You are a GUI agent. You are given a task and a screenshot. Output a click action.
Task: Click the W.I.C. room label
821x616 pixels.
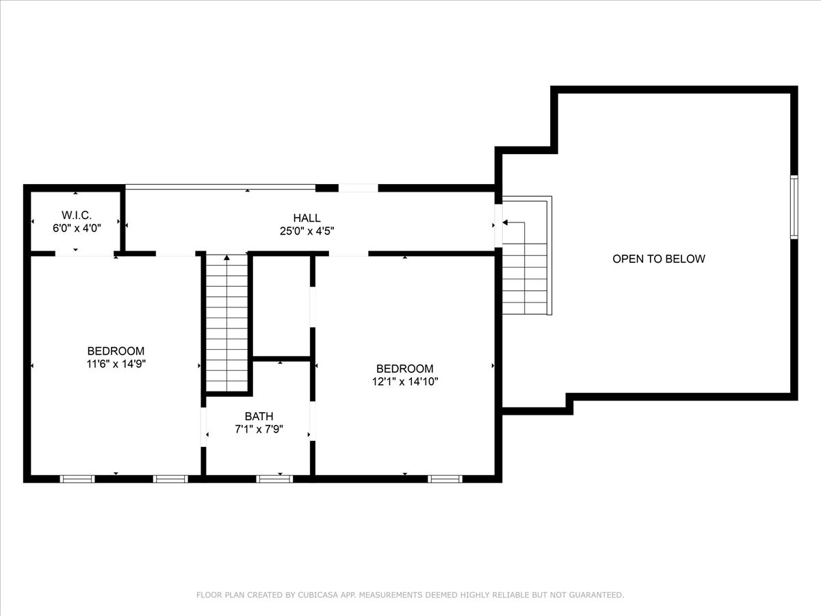[x=77, y=215]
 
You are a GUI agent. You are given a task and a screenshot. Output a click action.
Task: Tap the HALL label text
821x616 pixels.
[x=307, y=218]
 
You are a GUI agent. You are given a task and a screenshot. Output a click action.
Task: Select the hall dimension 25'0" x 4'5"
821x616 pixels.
[x=307, y=231]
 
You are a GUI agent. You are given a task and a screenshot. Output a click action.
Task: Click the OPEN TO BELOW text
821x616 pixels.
[x=659, y=259]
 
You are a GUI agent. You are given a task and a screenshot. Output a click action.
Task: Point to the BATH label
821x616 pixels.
[x=259, y=416]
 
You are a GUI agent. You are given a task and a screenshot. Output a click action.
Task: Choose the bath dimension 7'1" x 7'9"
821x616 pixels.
[x=259, y=429]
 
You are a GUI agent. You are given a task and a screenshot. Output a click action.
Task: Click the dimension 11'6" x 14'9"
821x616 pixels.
[x=116, y=363]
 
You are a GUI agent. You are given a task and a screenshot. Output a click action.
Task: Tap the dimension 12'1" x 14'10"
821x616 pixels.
[x=405, y=381]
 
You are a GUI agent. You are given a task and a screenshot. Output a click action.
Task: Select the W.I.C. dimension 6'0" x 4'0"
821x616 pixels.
[x=77, y=228]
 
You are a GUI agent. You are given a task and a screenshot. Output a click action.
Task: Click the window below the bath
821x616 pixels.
[x=274, y=478]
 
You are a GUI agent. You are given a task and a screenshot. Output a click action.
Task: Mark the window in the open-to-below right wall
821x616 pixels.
[x=794, y=207]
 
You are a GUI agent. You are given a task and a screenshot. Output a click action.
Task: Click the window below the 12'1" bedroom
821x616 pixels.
[x=445, y=478]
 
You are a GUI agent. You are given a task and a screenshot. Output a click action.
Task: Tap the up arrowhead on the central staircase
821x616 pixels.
[x=226, y=257]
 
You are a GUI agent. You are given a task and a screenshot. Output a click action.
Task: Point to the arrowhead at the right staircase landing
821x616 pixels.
[x=505, y=222]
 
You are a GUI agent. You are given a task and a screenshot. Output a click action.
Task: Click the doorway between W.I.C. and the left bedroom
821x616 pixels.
[x=85, y=253]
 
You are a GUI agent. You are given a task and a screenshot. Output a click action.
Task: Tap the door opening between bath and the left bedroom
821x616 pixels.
[x=203, y=426]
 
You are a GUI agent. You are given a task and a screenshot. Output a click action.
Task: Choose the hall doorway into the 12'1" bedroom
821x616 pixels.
[x=349, y=253]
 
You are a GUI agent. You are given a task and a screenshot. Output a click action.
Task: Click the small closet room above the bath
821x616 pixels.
[x=282, y=307]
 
